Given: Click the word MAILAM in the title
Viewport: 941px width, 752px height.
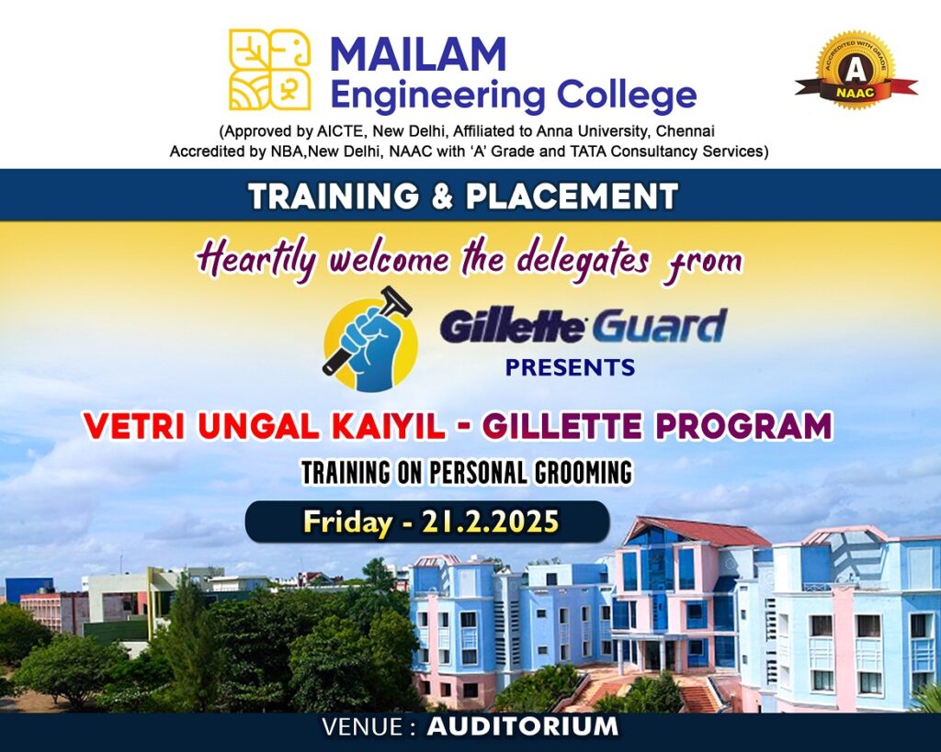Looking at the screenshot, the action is click(x=418, y=53).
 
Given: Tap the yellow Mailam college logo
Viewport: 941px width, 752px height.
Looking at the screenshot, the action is click(x=270, y=70).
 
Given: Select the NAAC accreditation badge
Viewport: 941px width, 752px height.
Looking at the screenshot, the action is click(x=856, y=71).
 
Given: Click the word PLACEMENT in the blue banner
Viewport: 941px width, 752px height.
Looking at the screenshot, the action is click(x=572, y=196).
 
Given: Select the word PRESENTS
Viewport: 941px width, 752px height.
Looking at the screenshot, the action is click(x=570, y=367).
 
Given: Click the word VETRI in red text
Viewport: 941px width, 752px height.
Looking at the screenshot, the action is click(x=133, y=426).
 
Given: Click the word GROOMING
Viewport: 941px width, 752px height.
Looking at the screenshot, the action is click(x=584, y=472).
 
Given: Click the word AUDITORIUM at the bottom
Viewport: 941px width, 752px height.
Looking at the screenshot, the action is click(x=523, y=726).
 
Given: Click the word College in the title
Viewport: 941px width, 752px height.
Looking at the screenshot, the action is click(x=627, y=95).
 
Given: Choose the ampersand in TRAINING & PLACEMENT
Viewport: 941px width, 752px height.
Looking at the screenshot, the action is click(x=442, y=196).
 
